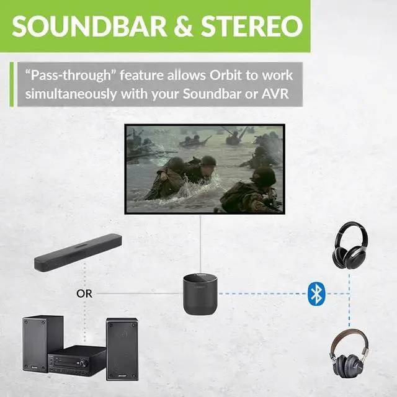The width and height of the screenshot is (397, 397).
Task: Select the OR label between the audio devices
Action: tap(84, 293)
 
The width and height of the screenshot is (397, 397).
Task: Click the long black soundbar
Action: tap(77, 252)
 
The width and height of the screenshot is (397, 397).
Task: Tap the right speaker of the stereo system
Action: tap(122, 349)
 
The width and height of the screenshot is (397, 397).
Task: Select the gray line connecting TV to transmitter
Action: tap(199, 242)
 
